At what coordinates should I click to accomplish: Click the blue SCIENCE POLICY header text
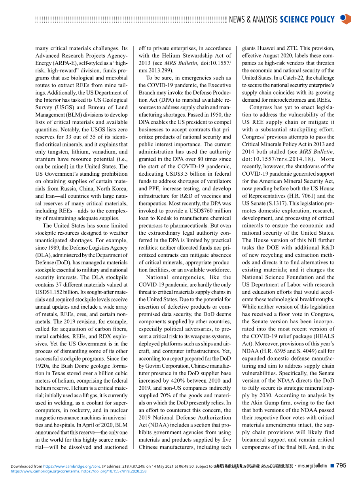[307, 19]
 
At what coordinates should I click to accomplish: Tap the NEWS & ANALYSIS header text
[253, 19]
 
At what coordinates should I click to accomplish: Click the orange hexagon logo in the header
[345, 19]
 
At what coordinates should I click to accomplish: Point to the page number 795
[341, 466]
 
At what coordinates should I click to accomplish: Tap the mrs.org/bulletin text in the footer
[313, 466]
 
